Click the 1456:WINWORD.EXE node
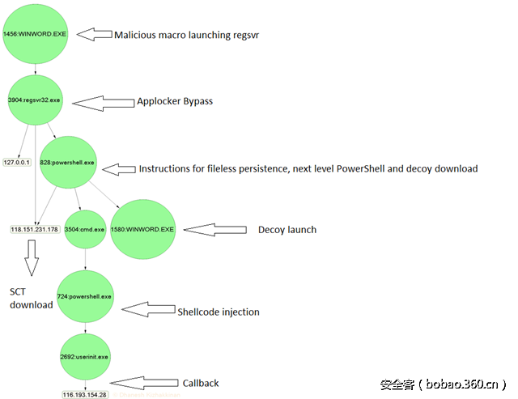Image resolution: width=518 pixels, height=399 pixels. [x=35, y=34]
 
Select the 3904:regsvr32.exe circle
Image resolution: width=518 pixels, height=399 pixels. [x=36, y=102]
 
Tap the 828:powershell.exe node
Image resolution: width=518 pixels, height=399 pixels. [x=67, y=163]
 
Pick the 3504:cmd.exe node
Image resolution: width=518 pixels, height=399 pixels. [x=85, y=230]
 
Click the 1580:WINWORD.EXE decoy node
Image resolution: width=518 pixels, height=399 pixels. [x=142, y=230]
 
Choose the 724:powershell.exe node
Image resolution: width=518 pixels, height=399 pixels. [x=84, y=296]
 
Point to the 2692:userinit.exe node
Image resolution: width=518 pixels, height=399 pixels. [x=84, y=356]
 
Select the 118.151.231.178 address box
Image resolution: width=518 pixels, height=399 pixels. [x=34, y=230]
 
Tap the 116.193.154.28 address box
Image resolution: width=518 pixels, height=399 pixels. [x=84, y=394]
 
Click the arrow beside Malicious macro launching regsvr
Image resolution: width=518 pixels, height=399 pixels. [x=98, y=34]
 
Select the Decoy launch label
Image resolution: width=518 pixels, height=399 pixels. [x=287, y=230]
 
